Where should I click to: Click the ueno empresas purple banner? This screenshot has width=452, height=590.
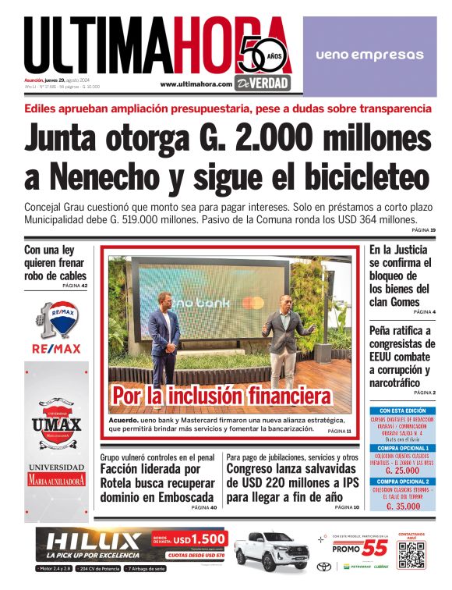coord(369,55)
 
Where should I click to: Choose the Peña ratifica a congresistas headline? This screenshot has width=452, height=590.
coord(401,356)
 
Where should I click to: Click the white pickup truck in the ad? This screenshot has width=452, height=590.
coord(270,551)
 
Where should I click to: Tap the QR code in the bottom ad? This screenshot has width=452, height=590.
coord(413,556)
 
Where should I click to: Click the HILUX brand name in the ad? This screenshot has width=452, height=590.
coord(94,541)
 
